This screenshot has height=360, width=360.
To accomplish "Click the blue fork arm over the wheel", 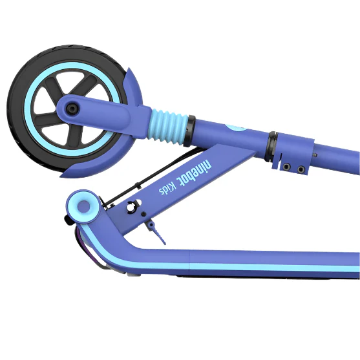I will click(x=103, y=110).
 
